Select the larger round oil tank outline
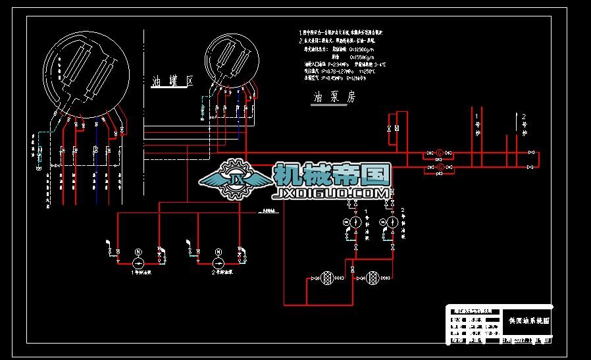point(83,72)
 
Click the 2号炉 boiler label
point(525,124)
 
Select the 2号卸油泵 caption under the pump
point(221,272)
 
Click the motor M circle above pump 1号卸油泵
point(138,251)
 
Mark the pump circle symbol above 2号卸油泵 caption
point(218,263)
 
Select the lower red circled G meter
point(439,168)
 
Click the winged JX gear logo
point(234,178)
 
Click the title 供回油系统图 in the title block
point(529,321)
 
